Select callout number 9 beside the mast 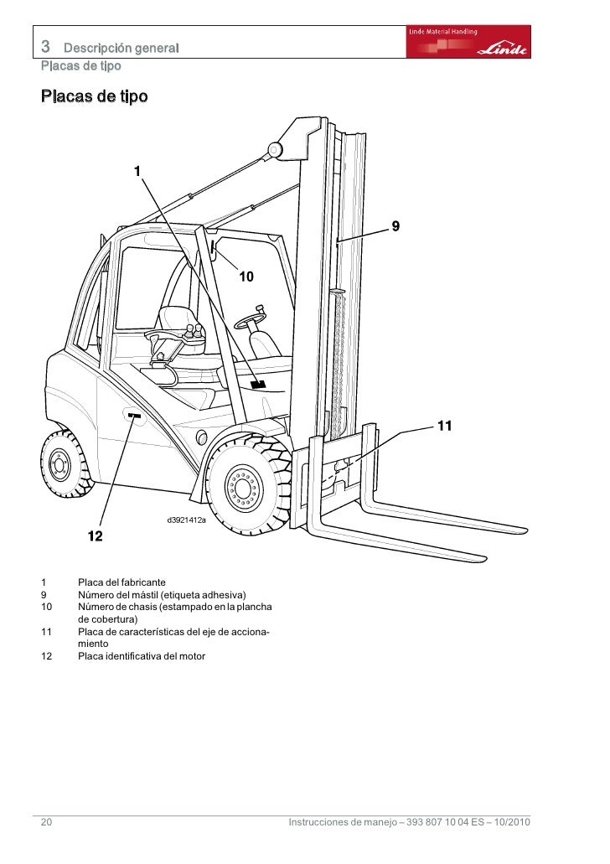click(395, 226)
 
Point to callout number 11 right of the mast click(444, 426)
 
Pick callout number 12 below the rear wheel click(96, 535)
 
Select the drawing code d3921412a click(186, 520)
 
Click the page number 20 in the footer click(46, 823)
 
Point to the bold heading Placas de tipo click(94, 97)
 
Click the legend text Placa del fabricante click(121, 582)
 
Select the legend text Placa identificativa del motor click(140, 655)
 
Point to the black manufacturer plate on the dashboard click(257, 384)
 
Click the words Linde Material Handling click(443, 31)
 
